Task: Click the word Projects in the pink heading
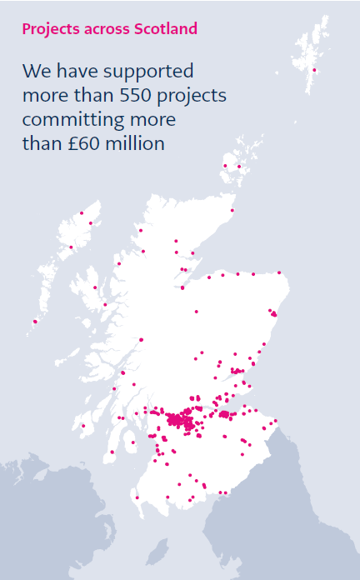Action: (x=49, y=29)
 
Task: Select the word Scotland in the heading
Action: (x=165, y=29)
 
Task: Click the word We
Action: (x=37, y=70)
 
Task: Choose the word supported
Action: (x=157, y=72)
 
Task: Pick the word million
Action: (x=137, y=143)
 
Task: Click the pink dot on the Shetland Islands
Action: (x=314, y=70)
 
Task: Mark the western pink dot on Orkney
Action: (x=225, y=166)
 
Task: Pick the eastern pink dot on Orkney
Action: (x=239, y=167)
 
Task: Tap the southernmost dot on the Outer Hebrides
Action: (x=35, y=321)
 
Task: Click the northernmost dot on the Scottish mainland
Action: (x=232, y=210)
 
